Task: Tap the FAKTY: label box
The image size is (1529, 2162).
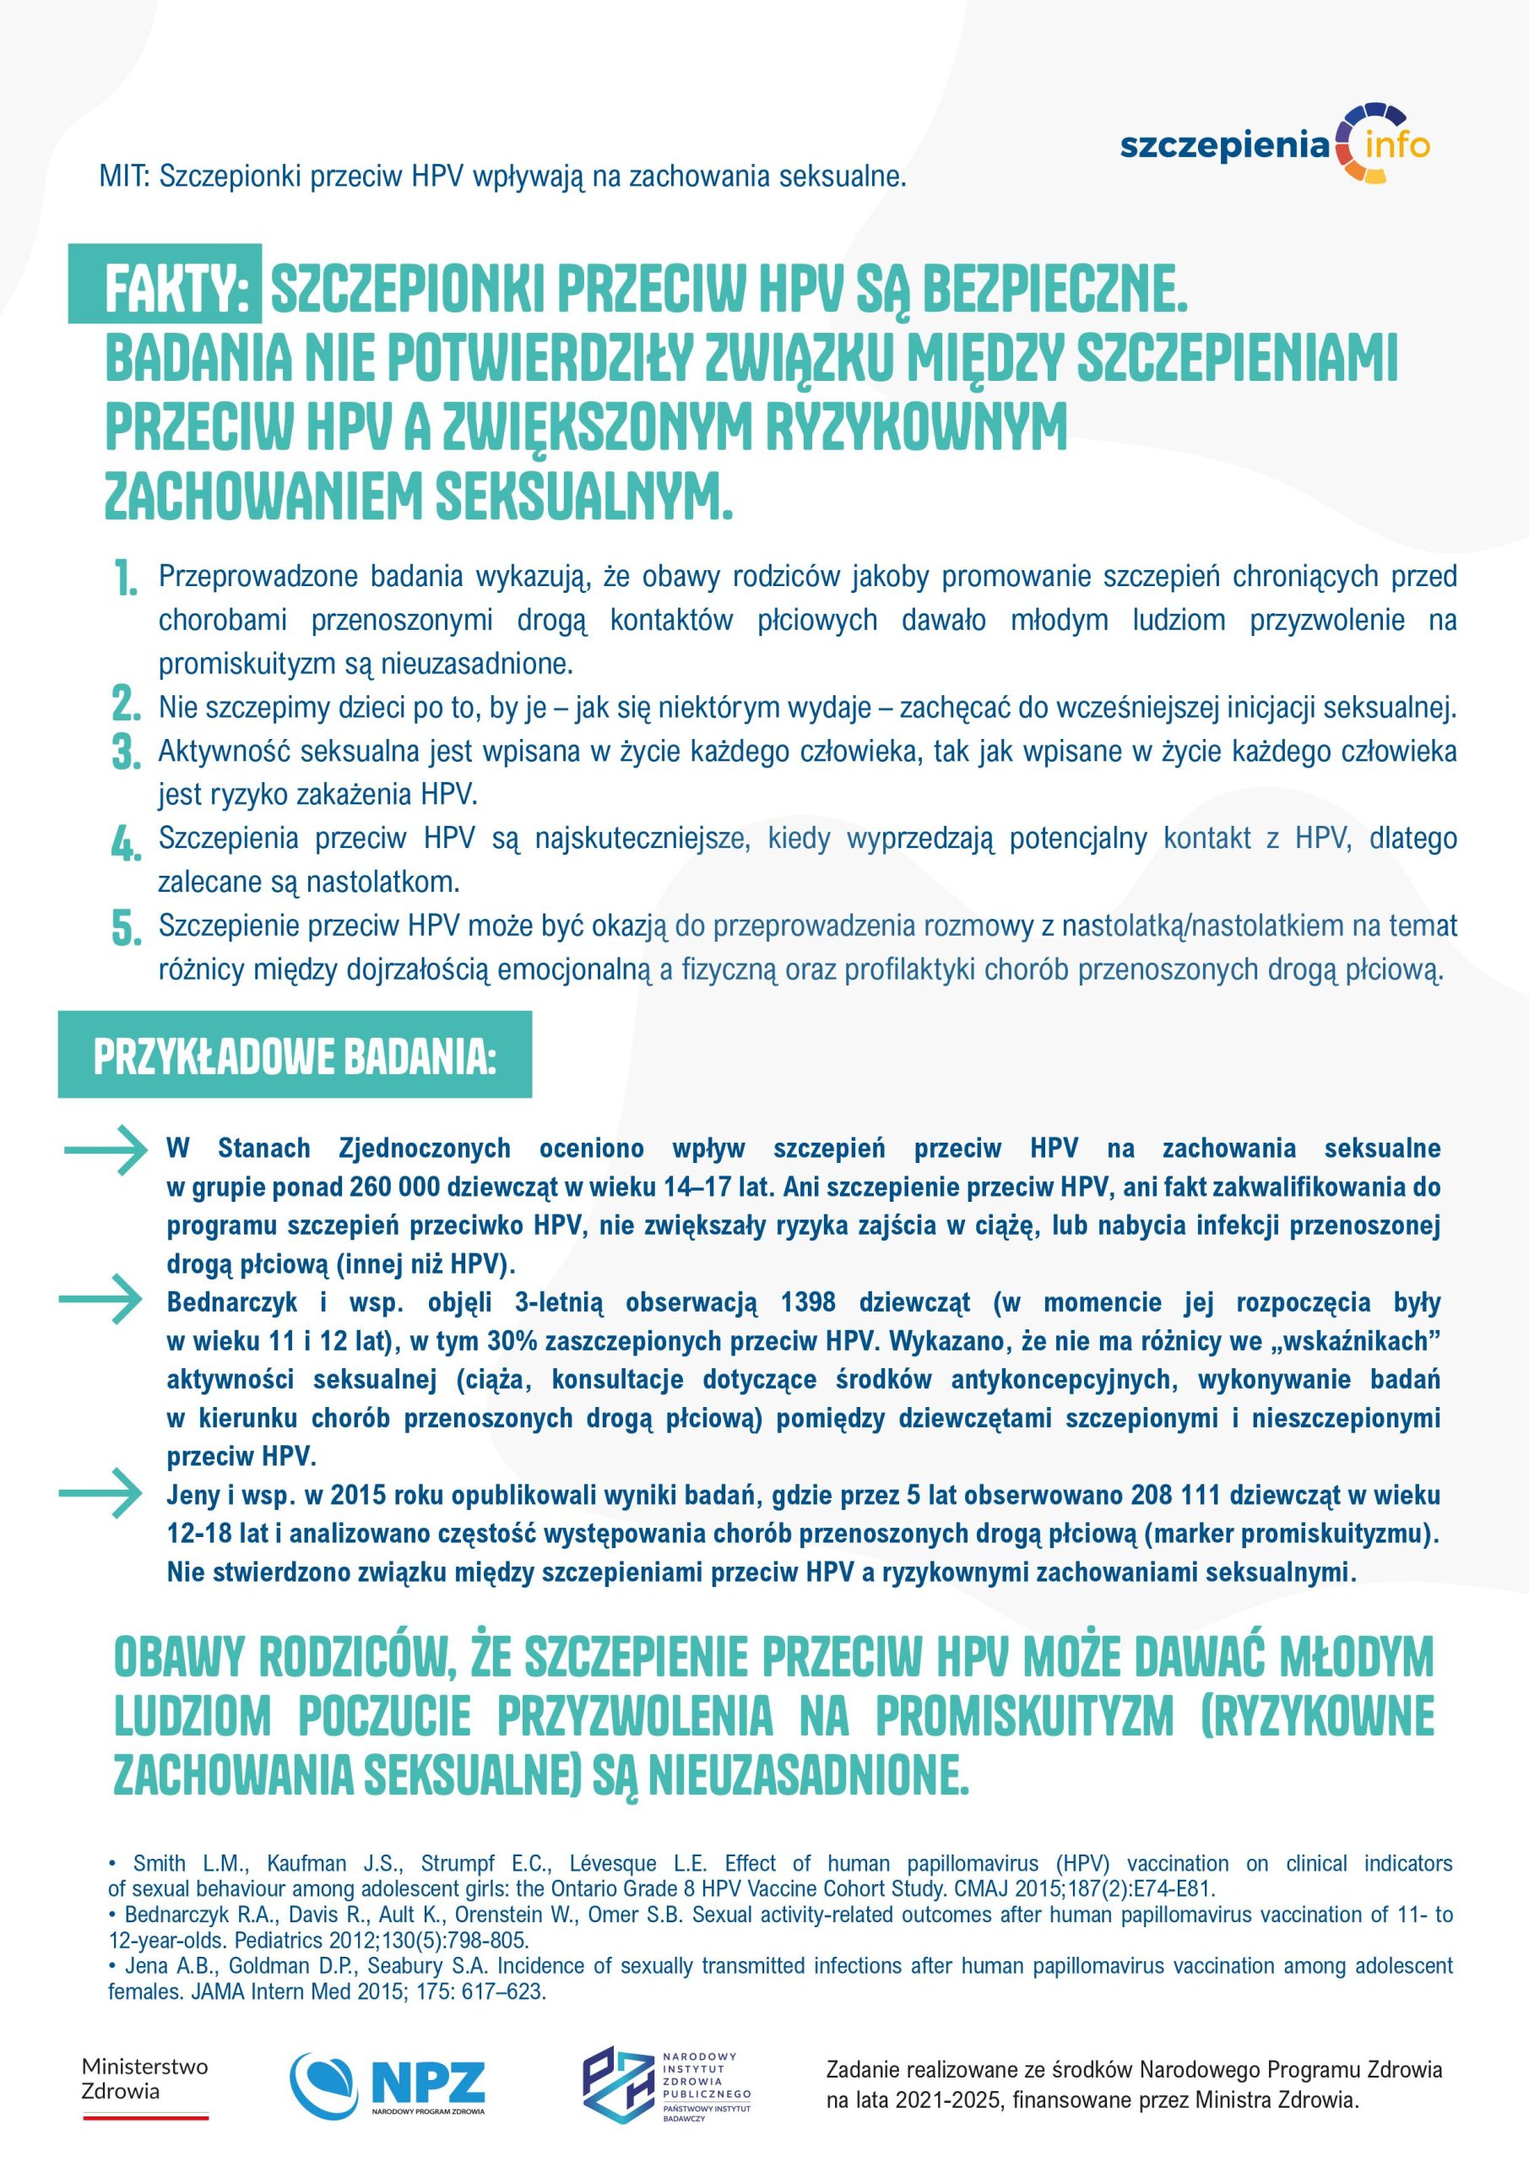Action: (165, 284)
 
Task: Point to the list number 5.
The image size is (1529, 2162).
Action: (124, 926)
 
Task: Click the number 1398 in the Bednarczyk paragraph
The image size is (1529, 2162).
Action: (808, 1302)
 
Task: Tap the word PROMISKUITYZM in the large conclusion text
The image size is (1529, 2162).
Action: (1024, 1715)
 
